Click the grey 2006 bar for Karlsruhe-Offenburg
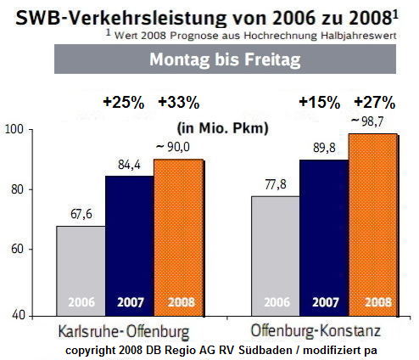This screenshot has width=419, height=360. (x=81, y=270)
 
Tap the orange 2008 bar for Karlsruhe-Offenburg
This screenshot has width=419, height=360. (x=177, y=237)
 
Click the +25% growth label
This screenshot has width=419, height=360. (x=124, y=103)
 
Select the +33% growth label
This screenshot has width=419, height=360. (x=178, y=103)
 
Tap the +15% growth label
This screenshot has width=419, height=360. (x=319, y=103)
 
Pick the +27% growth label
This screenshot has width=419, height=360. (x=374, y=103)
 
